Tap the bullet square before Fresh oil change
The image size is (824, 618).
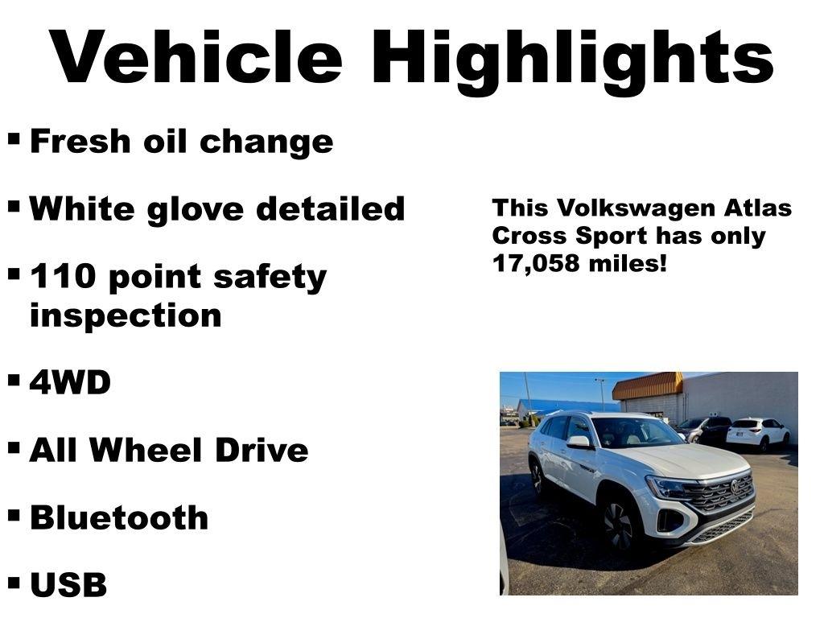[x=14, y=138]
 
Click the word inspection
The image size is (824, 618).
[x=125, y=315]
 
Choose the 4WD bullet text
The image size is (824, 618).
[x=70, y=383]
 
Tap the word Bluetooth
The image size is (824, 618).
[x=118, y=517]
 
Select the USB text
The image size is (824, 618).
[x=68, y=585]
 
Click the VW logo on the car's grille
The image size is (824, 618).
[x=735, y=487]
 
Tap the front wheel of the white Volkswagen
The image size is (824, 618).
[x=620, y=524]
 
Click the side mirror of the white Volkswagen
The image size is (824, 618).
[x=578, y=442]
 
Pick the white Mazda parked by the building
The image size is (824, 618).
[x=757, y=433]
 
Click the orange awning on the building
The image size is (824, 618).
[x=647, y=385]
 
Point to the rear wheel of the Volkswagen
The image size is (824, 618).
[x=537, y=477]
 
